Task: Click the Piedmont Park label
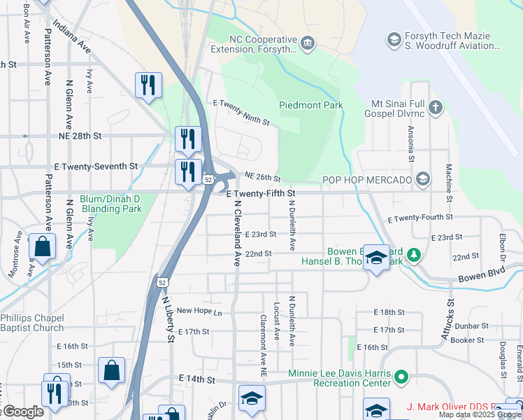(x=311, y=105)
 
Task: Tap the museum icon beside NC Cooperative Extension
(x=307, y=45)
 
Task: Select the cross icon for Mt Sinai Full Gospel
(x=436, y=107)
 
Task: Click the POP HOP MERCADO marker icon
(x=422, y=180)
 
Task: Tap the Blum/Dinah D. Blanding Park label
(x=111, y=204)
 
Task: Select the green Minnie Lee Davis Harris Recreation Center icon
(x=401, y=378)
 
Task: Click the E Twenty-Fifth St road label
(x=262, y=192)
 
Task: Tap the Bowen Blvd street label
(x=481, y=274)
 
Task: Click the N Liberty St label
(x=168, y=319)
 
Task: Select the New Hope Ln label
(x=199, y=311)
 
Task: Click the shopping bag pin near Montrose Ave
(x=43, y=247)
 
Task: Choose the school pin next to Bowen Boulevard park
(x=376, y=260)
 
